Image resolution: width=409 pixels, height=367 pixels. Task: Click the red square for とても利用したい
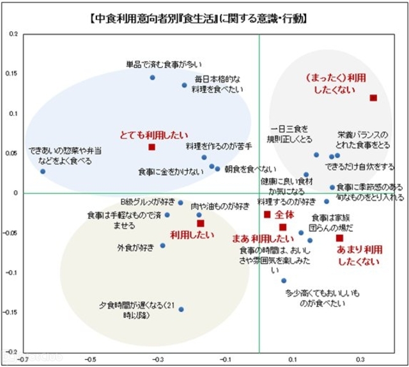click(152, 147)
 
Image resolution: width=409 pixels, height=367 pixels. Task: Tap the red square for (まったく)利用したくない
click(373, 98)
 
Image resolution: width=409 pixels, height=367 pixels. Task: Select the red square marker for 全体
click(268, 215)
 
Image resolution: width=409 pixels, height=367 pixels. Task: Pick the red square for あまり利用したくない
click(339, 238)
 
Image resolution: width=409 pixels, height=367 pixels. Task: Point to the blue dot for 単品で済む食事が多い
click(153, 77)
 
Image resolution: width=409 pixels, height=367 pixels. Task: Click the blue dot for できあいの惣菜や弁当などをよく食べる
click(43, 172)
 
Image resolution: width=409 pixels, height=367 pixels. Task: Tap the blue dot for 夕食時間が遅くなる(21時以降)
click(181, 309)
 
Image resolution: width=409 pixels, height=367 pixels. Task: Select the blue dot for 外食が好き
click(162, 246)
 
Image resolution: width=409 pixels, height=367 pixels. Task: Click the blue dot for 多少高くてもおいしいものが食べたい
click(284, 281)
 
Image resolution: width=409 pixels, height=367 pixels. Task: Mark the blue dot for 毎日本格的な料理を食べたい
click(184, 85)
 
